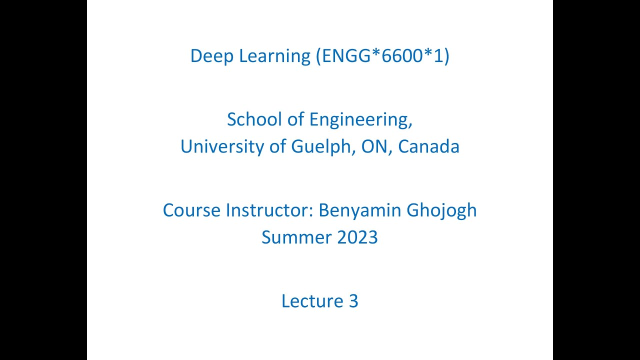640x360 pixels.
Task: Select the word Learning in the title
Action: pyautogui.click(x=275, y=56)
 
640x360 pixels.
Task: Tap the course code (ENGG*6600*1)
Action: pyautogui.click(x=382, y=56)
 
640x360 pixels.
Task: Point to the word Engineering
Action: pyautogui.click(x=361, y=120)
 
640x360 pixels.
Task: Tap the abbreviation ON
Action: pyautogui.click(x=374, y=146)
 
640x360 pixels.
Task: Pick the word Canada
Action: pyautogui.click(x=429, y=146)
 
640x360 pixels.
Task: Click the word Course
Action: pyautogui.click(x=192, y=210)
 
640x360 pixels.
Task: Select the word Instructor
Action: pyautogui.click(x=270, y=210)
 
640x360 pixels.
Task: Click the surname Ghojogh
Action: pyautogui.click(x=442, y=210)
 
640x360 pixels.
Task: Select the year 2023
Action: pyautogui.click(x=357, y=237)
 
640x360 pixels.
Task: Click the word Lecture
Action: pyautogui.click(x=310, y=301)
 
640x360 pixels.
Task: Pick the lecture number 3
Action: pyautogui.click(x=353, y=301)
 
